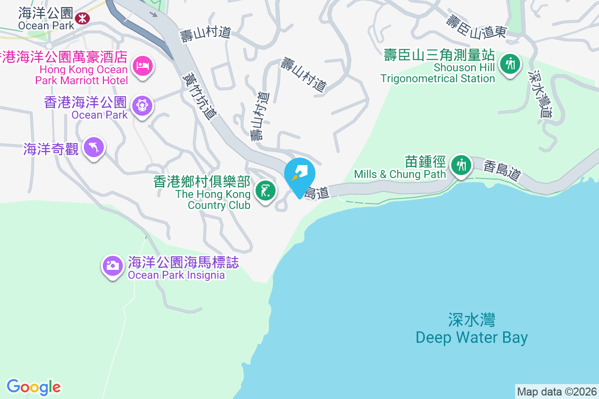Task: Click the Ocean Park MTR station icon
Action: coord(81,19)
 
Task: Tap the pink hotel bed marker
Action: coord(142,66)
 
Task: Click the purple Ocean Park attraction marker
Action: coord(142,106)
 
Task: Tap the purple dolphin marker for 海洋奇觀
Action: coord(94,147)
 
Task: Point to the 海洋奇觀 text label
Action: coord(51,149)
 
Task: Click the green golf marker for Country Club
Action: coord(265,191)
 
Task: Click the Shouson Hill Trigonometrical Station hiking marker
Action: coord(509,64)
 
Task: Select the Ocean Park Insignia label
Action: coord(183,268)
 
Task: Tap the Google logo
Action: coord(33,387)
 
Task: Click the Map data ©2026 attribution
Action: coord(556,392)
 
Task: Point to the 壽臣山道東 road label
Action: coord(477,27)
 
